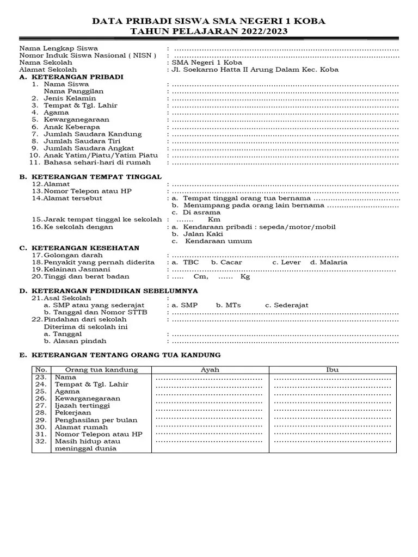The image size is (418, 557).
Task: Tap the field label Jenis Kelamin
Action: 70,98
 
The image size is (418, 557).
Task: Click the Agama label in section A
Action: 57,113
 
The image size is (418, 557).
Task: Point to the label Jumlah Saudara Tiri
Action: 82,141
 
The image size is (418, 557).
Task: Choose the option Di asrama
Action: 202,213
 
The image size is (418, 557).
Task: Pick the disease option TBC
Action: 191,262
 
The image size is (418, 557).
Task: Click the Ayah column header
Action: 210,370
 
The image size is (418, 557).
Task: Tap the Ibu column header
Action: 332,370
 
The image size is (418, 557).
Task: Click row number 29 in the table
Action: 41,420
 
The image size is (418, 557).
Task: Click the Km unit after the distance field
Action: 213,220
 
